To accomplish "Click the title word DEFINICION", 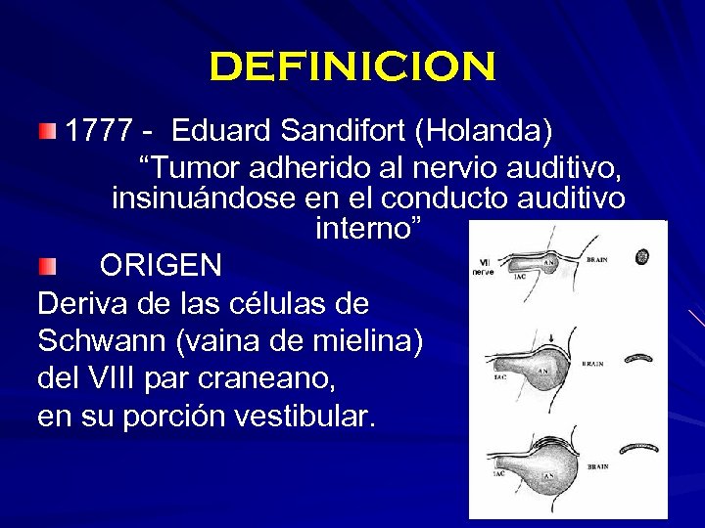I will tap(352, 67).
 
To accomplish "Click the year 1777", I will tap(101, 129).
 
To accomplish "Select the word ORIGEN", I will tap(161, 265).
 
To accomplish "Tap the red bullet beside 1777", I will tap(48, 130).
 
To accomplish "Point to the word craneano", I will tap(287, 378).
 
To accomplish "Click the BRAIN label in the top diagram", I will tap(596, 260).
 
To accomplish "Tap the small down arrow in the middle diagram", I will tap(553, 341).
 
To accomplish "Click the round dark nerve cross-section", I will tap(643, 258).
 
